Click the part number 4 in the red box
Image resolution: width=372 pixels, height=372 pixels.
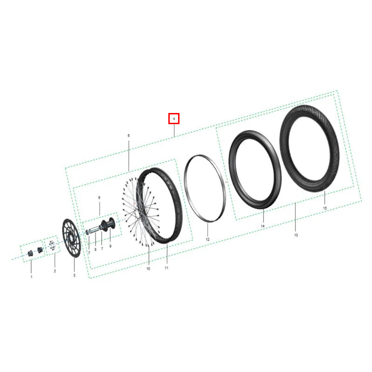pos(174,119)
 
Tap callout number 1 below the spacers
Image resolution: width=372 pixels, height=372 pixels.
pos(31,277)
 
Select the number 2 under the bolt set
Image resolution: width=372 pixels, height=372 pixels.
pos(55,271)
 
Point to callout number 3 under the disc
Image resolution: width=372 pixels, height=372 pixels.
pos(74,275)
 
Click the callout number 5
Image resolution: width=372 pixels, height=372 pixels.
pos(129,136)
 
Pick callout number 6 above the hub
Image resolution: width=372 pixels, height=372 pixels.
pos(99,198)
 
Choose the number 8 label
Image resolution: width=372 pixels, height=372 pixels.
pos(95,249)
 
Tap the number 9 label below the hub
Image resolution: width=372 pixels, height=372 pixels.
pos(110,246)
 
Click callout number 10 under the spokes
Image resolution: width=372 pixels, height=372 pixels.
pos(148,269)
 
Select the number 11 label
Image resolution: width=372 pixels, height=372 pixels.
pos(166,268)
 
